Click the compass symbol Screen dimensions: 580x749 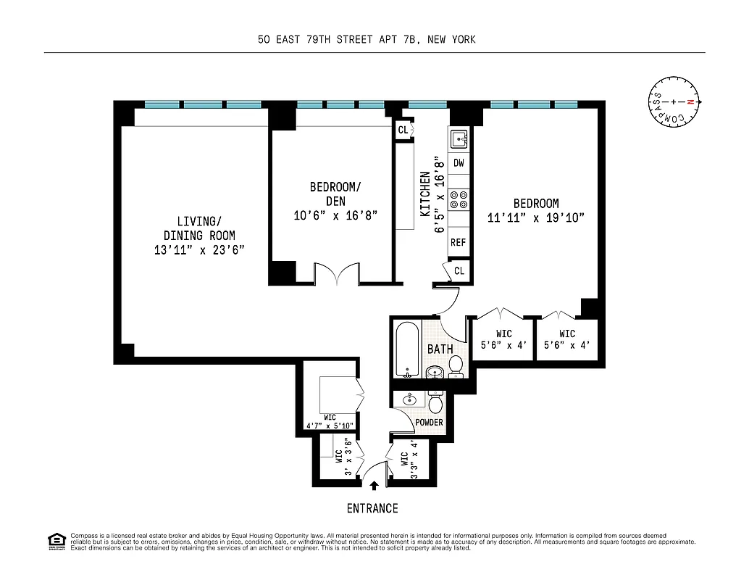click(x=674, y=103)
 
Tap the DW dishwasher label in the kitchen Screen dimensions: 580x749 click(x=459, y=163)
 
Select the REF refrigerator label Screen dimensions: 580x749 click(x=459, y=243)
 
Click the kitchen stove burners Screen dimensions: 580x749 click(x=459, y=199)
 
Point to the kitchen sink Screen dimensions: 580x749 click(x=459, y=138)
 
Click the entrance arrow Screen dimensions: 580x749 click(x=374, y=486)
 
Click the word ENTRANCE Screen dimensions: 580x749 click(x=372, y=508)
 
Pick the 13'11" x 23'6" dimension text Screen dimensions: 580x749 click(x=199, y=250)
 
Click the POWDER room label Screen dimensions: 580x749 click(x=429, y=423)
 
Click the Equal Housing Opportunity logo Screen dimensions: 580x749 click(x=56, y=541)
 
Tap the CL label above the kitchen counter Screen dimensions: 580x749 click(x=402, y=130)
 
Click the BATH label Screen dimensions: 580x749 click(x=440, y=349)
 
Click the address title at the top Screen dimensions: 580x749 click(x=367, y=40)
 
